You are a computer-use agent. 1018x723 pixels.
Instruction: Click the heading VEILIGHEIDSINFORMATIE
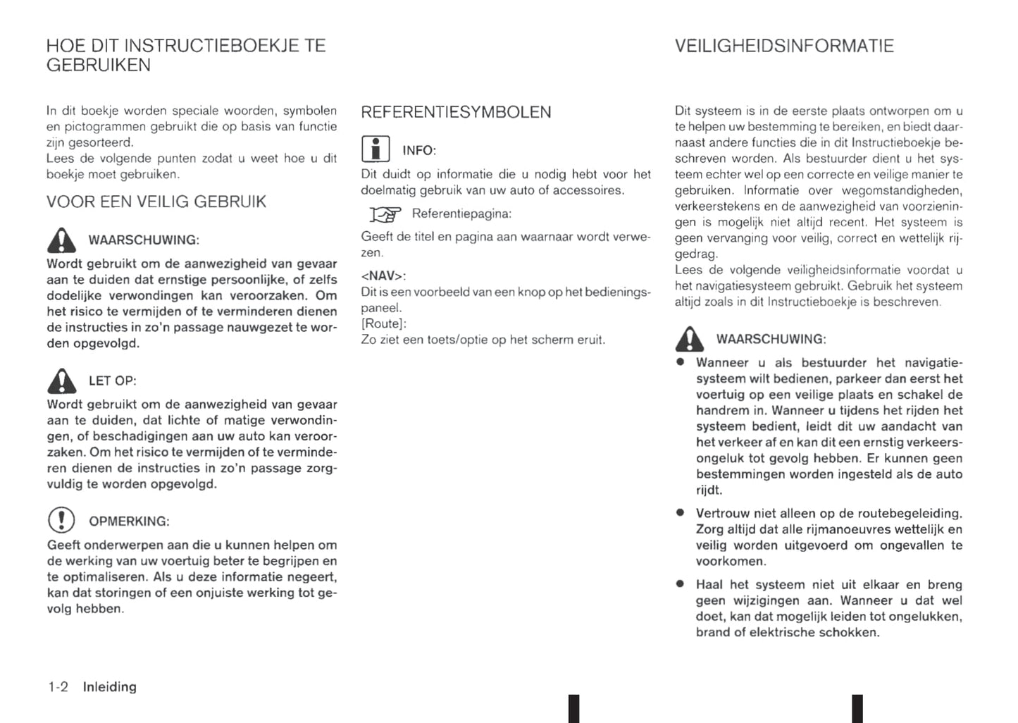784,47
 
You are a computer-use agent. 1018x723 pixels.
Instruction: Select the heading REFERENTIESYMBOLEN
456,112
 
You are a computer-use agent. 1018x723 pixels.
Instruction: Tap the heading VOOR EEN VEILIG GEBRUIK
156,202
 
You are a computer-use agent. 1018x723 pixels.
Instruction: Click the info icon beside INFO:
375,149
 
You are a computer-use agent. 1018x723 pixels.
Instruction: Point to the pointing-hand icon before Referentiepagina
385,214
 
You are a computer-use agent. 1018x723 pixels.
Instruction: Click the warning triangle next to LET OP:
62,381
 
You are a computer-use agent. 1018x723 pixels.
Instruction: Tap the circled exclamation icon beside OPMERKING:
61,520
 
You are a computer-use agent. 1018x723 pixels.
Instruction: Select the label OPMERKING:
129,521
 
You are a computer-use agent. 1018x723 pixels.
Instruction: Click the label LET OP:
113,381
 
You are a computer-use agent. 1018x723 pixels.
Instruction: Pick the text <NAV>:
383,276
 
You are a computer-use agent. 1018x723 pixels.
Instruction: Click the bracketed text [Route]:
384,323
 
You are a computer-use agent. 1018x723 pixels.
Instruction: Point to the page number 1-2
58,687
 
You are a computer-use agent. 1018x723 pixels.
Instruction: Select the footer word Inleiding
110,687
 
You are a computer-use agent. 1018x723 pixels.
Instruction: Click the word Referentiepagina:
461,214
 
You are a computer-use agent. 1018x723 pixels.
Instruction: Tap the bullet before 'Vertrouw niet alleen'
680,512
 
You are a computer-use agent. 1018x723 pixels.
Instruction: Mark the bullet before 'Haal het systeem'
680,583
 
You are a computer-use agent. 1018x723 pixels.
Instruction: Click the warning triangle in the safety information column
689,339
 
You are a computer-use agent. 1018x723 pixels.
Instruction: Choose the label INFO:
419,151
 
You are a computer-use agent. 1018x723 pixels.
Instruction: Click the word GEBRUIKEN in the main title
99,66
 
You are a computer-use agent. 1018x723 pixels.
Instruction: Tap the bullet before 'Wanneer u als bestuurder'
680,361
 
